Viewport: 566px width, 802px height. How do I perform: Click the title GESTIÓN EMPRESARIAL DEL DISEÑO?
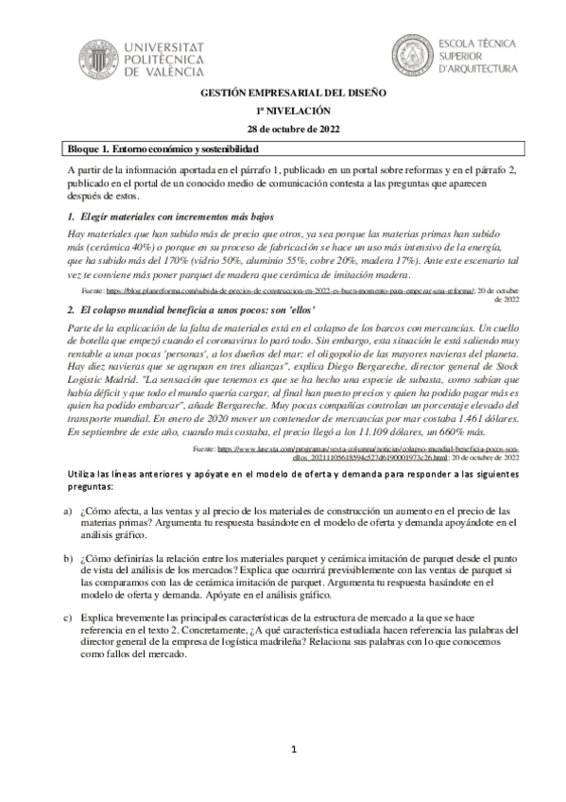click(x=283, y=95)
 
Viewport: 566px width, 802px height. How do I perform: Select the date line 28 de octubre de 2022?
click(x=283, y=129)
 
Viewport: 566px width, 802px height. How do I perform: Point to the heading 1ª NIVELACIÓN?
click(x=283, y=112)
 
